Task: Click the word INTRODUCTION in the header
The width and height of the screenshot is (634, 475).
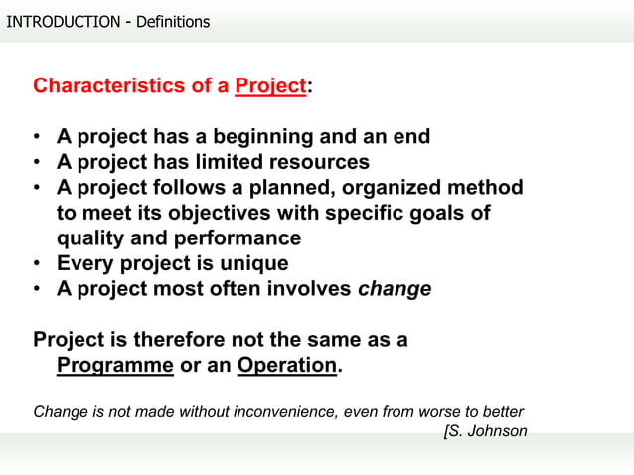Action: pyautogui.click(x=63, y=21)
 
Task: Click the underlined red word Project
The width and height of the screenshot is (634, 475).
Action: pyautogui.click(x=270, y=85)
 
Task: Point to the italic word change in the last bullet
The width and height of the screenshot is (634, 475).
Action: pyautogui.click(x=395, y=290)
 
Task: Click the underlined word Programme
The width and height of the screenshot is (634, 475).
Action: pyautogui.click(x=115, y=365)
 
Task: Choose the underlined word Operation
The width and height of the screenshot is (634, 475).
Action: pyautogui.click(x=287, y=365)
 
